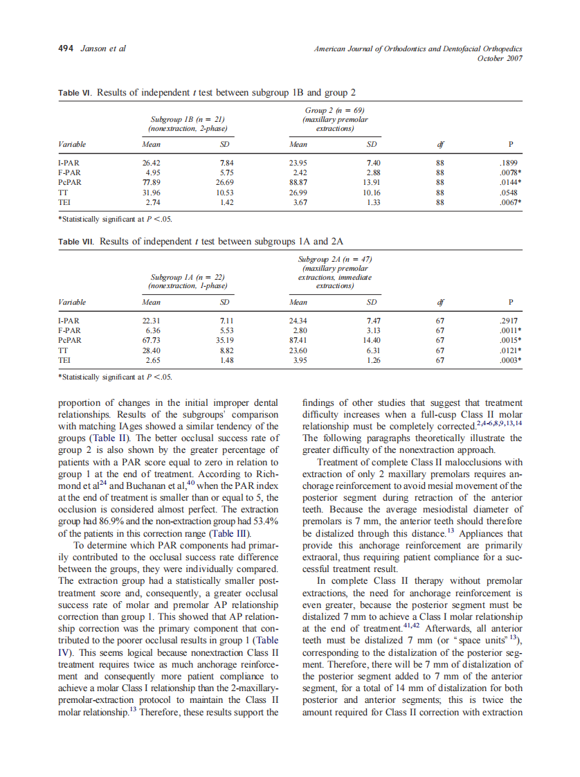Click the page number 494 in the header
(x=65, y=48)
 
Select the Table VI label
(x=73, y=93)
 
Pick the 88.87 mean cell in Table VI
(x=298, y=184)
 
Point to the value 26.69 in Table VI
(x=224, y=184)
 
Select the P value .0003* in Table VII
(x=510, y=360)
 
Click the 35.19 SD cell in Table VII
(x=224, y=341)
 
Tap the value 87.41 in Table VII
(x=298, y=341)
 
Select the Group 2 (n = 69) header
(x=335, y=111)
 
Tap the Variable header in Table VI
(x=72, y=145)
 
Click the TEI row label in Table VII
(x=64, y=360)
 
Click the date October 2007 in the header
(x=500, y=58)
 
